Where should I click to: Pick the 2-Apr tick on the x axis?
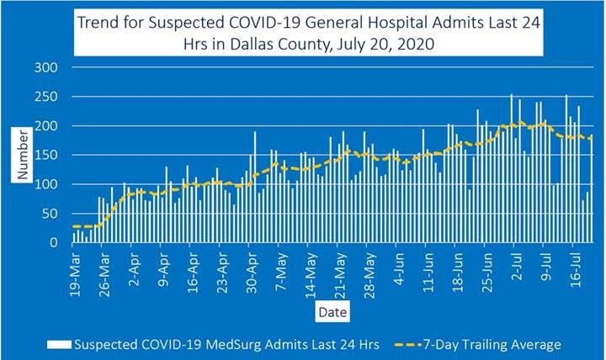[133, 267]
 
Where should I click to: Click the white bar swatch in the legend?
[58, 344]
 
